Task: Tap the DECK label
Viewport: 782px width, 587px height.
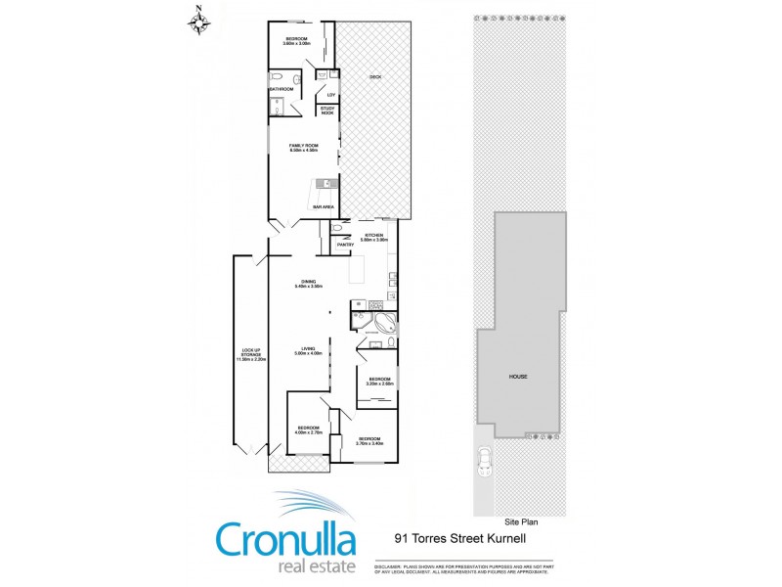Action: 374,77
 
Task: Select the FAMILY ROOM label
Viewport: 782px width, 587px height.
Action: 304,148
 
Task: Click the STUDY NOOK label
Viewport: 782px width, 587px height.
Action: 326,112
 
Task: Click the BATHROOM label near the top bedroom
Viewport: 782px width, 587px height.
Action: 282,89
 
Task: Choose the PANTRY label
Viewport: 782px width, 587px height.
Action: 345,245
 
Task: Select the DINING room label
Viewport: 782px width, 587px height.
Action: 309,283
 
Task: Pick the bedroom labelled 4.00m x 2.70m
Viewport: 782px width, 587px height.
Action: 310,429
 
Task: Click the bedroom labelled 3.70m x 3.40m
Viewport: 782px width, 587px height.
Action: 370,440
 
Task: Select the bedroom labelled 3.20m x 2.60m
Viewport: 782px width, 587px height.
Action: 379,381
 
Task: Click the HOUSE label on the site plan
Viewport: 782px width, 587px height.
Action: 518,376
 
